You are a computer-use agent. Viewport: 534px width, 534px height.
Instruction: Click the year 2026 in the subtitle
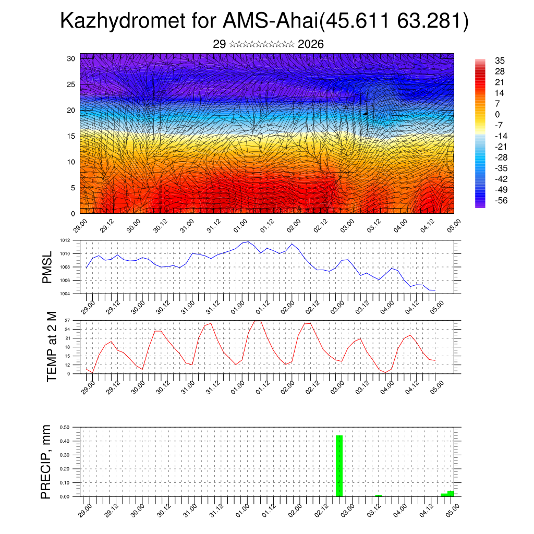311,44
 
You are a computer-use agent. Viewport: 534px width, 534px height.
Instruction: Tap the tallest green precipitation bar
339,466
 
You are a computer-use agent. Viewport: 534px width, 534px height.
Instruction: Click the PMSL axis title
47,268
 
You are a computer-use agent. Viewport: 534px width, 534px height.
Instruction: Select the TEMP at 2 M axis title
52,346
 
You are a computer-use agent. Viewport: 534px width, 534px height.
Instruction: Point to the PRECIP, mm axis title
47,462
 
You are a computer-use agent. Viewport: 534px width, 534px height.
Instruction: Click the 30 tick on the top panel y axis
70,58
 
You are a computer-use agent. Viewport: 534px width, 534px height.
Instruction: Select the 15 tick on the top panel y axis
70,136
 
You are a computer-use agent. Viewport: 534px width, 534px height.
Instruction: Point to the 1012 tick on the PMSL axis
65,240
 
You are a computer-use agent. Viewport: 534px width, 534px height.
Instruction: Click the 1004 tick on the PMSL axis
65,294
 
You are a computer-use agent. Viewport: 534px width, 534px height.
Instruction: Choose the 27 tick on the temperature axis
67,320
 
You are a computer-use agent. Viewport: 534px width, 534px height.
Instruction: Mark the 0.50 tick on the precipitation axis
65,427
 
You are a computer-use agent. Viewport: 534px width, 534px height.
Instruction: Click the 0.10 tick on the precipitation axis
65,483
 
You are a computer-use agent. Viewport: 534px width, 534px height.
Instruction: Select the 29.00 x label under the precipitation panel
86,510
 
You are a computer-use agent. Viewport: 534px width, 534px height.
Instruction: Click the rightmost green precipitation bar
450,493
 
